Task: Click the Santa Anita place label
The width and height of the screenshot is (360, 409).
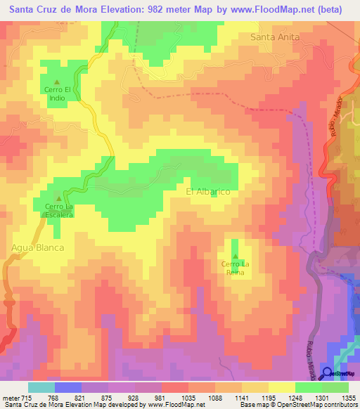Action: tap(276, 37)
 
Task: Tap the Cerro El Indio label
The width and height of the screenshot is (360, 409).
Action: tap(58, 93)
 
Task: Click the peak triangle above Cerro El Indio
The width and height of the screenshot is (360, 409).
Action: tap(58, 82)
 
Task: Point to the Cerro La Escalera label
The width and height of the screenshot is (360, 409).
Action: tap(59, 211)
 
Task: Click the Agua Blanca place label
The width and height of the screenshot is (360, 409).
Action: tap(38, 247)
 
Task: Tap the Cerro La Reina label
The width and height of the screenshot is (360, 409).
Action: tap(235, 268)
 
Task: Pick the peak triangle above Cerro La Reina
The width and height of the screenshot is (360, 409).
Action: tap(235, 256)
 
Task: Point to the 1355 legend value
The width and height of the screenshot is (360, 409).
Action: tap(347, 397)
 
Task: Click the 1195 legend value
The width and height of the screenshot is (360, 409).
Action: tap(267, 397)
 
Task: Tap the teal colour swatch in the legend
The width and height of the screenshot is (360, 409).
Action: tap(41, 387)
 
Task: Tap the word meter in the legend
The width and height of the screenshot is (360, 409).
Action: tap(11, 397)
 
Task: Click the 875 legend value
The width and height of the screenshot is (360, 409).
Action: tap(107, 397)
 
